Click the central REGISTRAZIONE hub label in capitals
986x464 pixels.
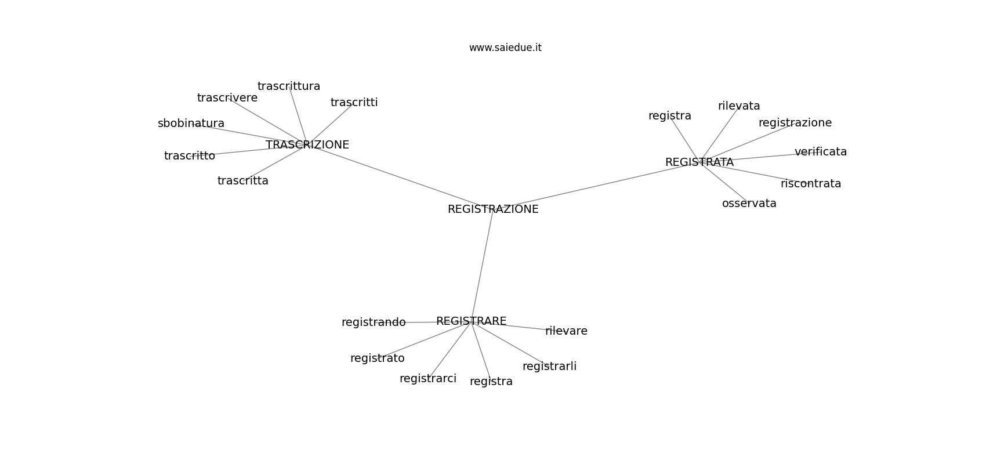[x=493, y=209]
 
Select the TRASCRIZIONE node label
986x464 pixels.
[x=307, y=145]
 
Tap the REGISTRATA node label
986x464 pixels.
[x=699, y=162]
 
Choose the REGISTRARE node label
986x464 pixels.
[x=472, y=321]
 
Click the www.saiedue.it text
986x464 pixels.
[x=505, y=48]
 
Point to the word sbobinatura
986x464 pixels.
[x=191, y=124]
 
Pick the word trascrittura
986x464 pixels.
[x=289, y=86]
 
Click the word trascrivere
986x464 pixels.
[x=227, y=98]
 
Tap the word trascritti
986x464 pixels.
[x=354, y=103]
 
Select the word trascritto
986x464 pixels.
[x=189, y=156]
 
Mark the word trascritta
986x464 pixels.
[x=243, y=181]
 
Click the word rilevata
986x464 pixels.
[x=739, y=106]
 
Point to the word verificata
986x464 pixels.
[x=821, y=152]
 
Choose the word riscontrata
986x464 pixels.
[x=811, y=184]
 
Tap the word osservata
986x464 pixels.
[x=749, y=204]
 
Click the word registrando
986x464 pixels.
[x=374, y=322]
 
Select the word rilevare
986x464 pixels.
[x=566, y=331]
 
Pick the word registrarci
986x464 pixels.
[x=428, y=379]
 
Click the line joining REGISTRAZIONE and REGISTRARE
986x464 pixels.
[x=483, y=266]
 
